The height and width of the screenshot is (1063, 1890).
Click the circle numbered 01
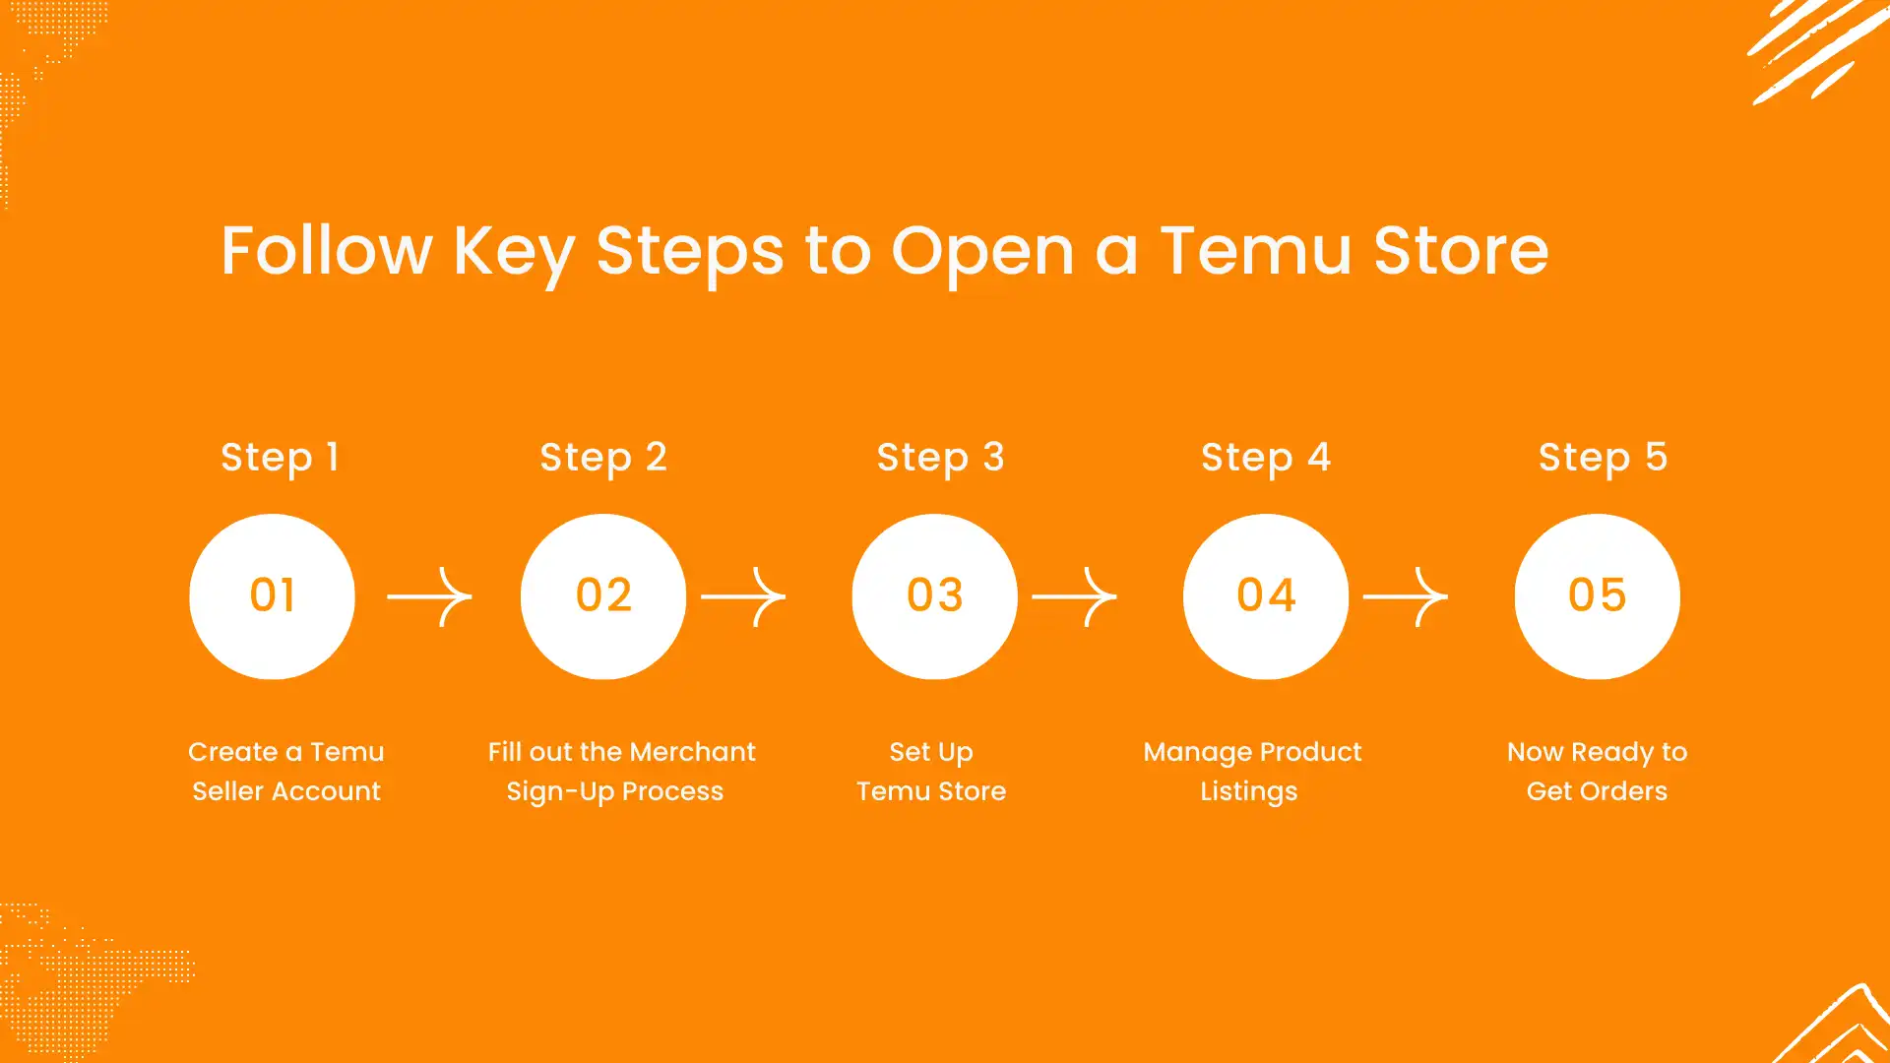272,596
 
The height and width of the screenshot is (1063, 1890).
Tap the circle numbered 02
603,596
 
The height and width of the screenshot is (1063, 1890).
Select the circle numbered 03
935,596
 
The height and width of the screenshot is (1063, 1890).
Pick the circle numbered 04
1266,596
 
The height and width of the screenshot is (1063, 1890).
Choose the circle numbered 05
1598,596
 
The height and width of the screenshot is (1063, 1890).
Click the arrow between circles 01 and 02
429,596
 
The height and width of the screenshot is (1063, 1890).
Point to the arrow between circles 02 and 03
743,596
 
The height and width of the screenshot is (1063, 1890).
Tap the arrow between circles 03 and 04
1074,596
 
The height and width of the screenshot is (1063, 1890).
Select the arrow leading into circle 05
1406,596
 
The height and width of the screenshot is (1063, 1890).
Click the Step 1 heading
280,458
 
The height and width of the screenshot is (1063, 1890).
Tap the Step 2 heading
603,458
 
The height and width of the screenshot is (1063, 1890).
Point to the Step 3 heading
941,458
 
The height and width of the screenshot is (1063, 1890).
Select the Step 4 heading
1266,458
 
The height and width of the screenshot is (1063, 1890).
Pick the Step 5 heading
1604,458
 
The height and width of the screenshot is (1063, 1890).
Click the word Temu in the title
1256,250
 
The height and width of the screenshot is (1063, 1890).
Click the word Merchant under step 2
692,752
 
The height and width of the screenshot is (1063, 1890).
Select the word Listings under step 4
1249,792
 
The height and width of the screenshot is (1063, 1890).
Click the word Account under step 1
326,791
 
